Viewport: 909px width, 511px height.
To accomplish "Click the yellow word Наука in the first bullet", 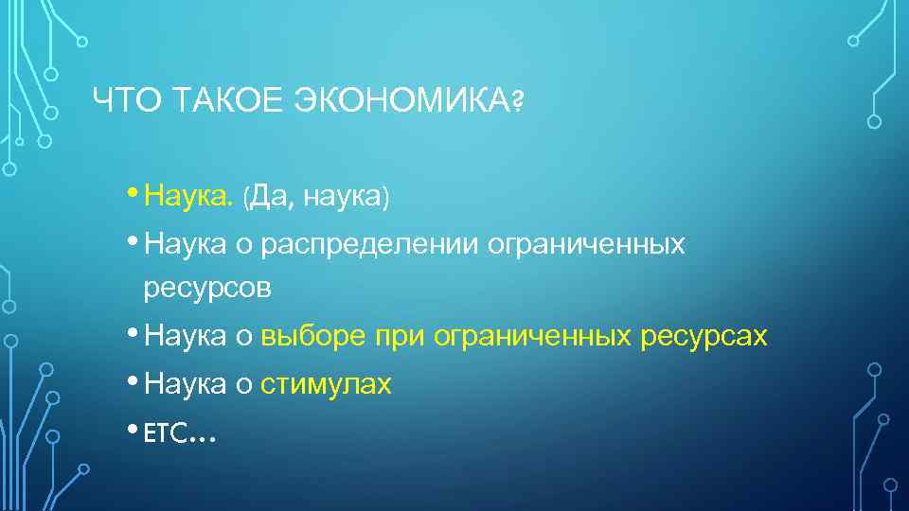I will (x=187, y=197).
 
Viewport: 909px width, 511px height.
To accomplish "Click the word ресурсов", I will (x=207, y=289).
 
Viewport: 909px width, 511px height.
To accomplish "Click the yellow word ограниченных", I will (x=534, y=336).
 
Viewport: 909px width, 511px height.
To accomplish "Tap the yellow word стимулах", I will (x=326, y=384).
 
